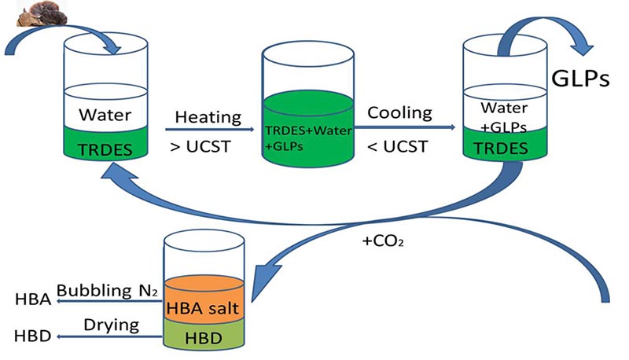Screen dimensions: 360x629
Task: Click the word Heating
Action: pyautogui.click(x=208, y=116)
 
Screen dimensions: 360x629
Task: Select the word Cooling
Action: pyautogui.click(x=400, y=112)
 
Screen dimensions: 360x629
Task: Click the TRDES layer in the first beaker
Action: pyautogui.click(x=105, y=147)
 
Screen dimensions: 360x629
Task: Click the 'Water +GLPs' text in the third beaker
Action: pyautogui.click(x=504, y=115)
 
